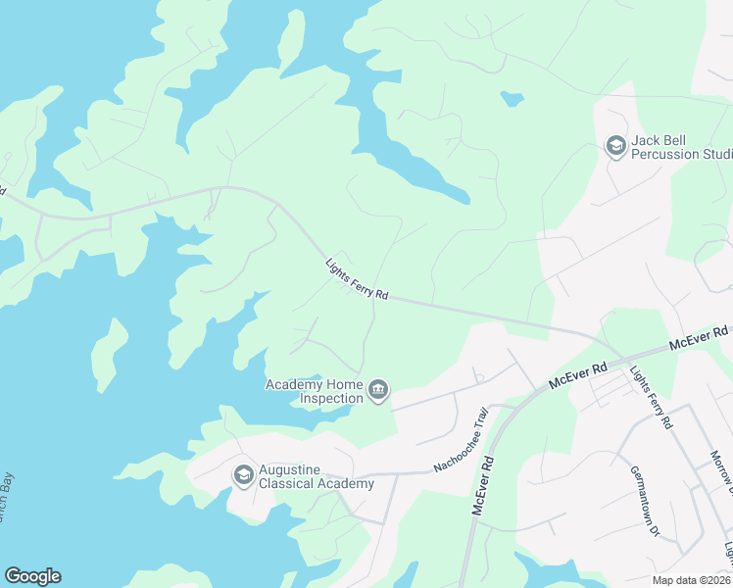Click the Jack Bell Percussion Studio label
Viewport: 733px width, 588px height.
pyautogui.click(x=681, y=147)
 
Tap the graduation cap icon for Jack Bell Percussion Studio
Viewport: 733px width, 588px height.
pyautogui.click(x=615, y=147)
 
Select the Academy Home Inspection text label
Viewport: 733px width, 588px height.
pyautogui.click(x=316, y=391)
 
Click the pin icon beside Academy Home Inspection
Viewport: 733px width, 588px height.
pyautogui.click(x=377, y=392)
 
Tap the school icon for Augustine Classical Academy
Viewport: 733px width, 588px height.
pyautogui.click(x=243, y=476)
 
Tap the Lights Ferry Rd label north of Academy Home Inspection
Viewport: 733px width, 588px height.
pyautogui.click(x=358, y=279)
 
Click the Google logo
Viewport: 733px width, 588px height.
pyautogui.click(x=32, y=576)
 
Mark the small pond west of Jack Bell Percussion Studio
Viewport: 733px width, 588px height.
pyautogui.click(x=511, y=98)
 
